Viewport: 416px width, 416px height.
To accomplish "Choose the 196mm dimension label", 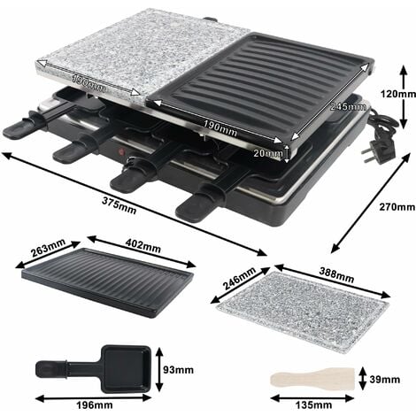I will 90,405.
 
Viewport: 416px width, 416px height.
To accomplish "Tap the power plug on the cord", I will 384,140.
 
